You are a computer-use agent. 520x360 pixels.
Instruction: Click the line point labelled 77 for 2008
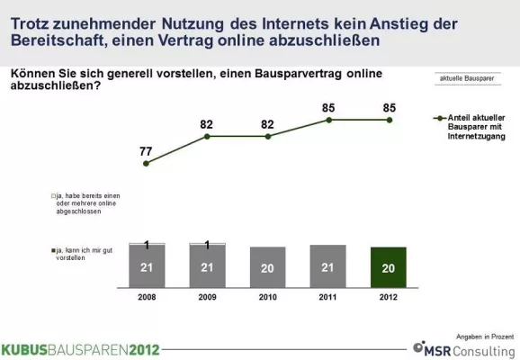tap(148, 163)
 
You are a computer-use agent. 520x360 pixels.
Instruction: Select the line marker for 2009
tap(208, 136)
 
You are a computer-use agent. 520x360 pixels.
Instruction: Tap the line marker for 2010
tap(268, 136)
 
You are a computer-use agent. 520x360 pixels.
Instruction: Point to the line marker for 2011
tap(328, 119)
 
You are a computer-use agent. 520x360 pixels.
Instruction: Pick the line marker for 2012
tap(389, 119)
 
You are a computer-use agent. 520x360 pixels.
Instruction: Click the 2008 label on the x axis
tap(148, 294)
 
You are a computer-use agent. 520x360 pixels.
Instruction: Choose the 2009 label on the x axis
tap(208, 294)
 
